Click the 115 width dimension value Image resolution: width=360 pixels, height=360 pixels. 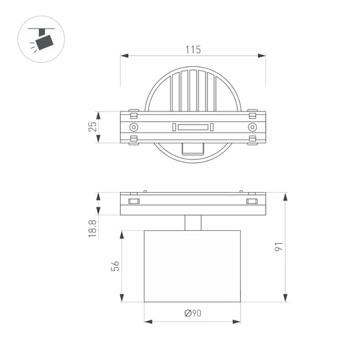click(193, 49)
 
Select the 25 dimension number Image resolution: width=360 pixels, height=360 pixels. click(93, 126)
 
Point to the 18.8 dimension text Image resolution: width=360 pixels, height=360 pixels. click(93, 228)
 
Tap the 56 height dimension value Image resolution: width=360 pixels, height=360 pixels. click(115, 266)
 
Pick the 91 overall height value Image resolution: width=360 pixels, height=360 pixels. click(278, 247)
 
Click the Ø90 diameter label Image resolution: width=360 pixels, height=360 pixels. click(193, 314)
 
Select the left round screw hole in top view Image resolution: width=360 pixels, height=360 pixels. click(134, 126)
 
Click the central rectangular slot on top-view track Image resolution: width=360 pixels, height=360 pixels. click(193, 126)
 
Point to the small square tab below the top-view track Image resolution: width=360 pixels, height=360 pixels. click(192, 150)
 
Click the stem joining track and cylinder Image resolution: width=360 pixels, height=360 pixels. click(193, 222)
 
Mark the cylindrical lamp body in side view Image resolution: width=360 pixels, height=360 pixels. click(193, 266)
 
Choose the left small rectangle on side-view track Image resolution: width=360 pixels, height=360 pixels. click(134, 204)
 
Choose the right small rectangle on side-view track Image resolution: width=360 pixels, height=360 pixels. click(252, 204)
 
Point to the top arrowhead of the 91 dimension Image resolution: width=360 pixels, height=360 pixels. click(285, 195)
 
